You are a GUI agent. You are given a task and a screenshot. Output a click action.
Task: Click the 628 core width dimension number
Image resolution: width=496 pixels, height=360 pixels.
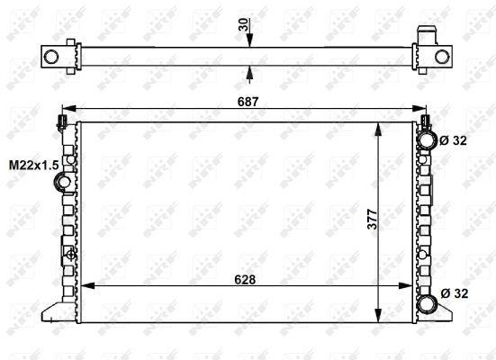click(x=246, y=278)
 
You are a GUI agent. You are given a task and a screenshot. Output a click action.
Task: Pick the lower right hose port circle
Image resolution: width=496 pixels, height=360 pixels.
click(x=424, y=294)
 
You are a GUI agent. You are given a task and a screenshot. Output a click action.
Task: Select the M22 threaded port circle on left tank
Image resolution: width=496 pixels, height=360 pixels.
click(x=63, y=184)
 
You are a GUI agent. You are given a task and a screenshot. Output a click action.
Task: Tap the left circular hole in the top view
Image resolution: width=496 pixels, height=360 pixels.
click(x=51, y=57)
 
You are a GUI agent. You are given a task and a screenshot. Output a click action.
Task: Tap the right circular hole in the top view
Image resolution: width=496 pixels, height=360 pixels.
click(x=441, y=57)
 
